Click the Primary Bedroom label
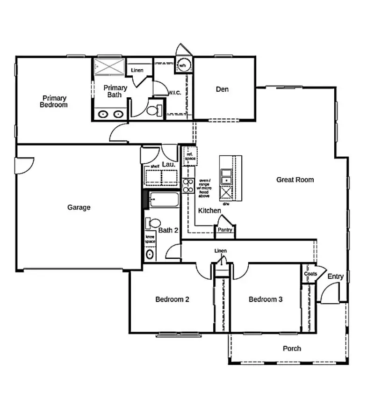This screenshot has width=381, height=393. pos(54,102)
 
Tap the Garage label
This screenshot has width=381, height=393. pos(79,207)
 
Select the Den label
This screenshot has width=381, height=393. pos(222,89)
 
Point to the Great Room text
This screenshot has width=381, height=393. pos(295,180)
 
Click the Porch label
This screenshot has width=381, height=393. pos(292,349)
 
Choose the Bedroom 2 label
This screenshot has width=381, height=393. pos(172,299)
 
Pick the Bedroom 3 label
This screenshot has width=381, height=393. pos(265,299)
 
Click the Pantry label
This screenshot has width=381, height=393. pos(225,230)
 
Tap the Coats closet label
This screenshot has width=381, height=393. pos(310,274)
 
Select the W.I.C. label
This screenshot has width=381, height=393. pos(174,93)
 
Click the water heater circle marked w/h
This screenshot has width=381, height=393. pos(182,65)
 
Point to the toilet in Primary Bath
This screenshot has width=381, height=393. pos(153,110)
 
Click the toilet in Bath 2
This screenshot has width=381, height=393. pos(153,223)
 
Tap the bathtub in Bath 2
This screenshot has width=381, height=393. pos(164,202)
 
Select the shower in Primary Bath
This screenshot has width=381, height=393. pos(109,66)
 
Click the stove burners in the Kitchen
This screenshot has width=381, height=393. pos(188,186)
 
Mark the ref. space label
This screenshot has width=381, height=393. pos(190,156)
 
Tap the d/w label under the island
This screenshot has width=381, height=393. pos(226,204)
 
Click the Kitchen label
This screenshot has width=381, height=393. pos(209,211)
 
